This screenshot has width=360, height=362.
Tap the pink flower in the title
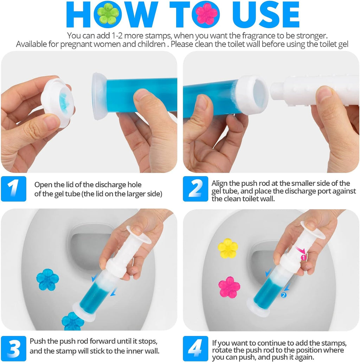(x=207, y=14)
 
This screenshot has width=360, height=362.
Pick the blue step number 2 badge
(x=195, y=189)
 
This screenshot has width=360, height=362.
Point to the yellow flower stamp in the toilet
(x=227, y=248)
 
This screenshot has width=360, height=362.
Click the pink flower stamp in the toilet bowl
(x=229, y=287)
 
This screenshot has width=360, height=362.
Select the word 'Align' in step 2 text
(x=220, y=183)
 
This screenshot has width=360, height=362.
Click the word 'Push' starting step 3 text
(x=37, y=341)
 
